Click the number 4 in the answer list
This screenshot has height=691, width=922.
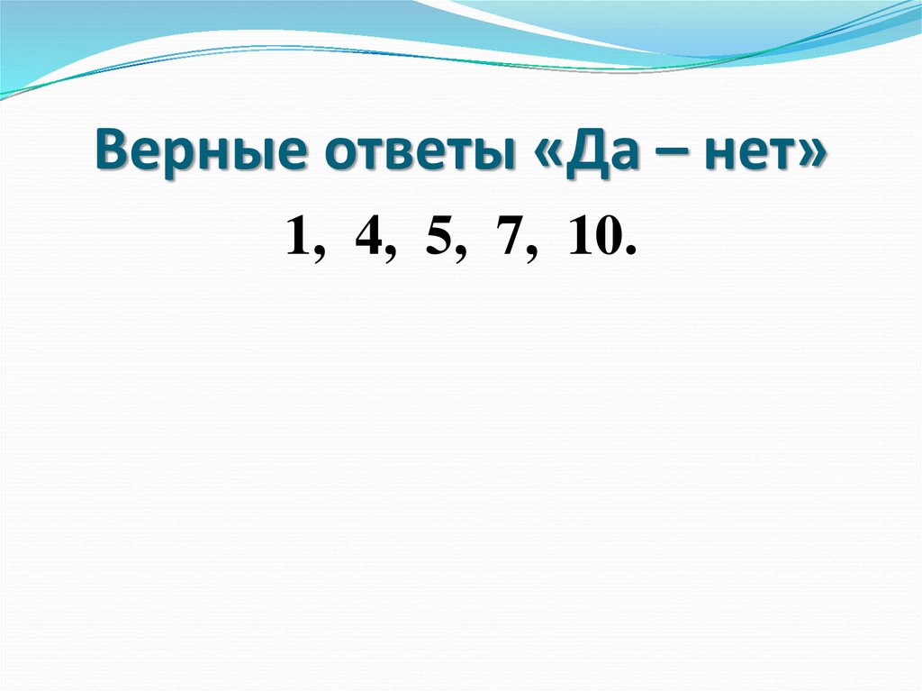point(366,239)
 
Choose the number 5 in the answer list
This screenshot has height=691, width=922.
point(438,239)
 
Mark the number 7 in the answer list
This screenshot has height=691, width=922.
point(509,239)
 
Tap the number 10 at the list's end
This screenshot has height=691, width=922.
point(592,239)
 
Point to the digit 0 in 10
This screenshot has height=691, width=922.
point(605,239)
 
